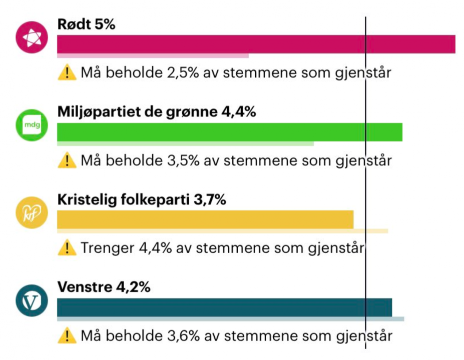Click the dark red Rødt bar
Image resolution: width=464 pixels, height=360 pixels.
[256, 44]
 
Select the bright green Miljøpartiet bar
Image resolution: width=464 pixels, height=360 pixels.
[229, 132]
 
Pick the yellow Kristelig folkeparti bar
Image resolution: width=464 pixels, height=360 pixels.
[205, 220]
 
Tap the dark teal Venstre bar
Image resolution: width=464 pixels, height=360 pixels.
[224, 307]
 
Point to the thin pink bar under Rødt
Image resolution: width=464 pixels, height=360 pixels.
[153, 55]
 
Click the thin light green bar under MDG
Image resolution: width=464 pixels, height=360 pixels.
[185, 143]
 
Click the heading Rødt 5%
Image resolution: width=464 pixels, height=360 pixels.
[86, 24]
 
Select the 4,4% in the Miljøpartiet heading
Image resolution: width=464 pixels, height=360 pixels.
[238, 112]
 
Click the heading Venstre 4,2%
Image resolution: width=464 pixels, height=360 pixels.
[104, 287]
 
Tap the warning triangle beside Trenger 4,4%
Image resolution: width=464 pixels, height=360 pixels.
[67, 248]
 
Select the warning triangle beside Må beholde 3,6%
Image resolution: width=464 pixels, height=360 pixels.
[67, 335]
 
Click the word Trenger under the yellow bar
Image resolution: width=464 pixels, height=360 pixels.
[106, 248]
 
